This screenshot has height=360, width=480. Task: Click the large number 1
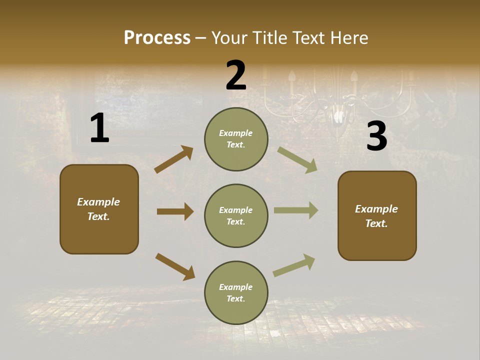point(99,128)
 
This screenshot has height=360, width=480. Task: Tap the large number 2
point(236,75)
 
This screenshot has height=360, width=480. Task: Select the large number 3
point(376,136)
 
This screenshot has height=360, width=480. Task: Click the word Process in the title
point(157,37)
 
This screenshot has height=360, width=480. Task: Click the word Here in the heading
point(349,37)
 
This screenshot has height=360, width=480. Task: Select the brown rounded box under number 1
point(99,209)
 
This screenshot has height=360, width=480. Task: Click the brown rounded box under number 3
point(377,216)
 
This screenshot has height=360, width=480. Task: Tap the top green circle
point(236,139)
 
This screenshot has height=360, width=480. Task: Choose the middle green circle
point(236,215)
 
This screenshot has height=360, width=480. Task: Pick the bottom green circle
point(236,292)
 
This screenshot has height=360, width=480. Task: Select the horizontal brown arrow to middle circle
point(175,211)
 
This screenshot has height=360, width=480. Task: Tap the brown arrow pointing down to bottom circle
point(175,266)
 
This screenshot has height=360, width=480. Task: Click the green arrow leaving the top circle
point(297,160)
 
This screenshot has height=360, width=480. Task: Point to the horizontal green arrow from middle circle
point(296,210)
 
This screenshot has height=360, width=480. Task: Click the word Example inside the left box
point(98,202)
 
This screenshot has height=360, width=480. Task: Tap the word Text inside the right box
point(376,223)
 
